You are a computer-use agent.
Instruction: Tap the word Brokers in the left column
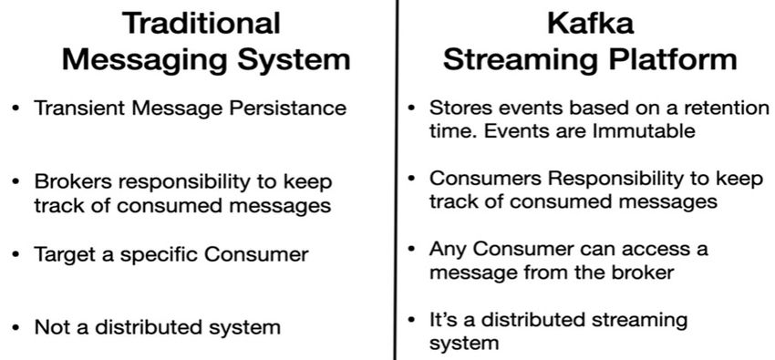[72, 181]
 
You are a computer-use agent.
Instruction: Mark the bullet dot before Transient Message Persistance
[16, 108]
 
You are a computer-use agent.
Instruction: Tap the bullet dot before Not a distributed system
[16, 326]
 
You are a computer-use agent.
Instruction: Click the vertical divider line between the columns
[396, 182]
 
